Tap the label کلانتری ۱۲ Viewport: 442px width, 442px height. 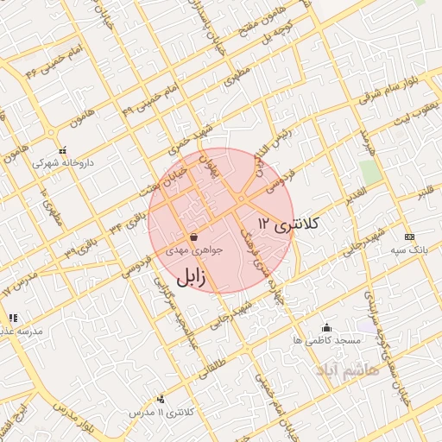coord(287,224)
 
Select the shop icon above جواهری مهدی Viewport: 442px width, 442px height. coord(194,236)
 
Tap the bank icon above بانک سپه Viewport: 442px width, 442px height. coord(408,237)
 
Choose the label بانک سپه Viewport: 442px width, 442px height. coord(408,249)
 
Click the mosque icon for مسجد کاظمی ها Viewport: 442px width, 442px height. coord(326,327)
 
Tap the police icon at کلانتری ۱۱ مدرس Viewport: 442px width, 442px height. coord(161,399)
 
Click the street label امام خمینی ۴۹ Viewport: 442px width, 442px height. coord(141,100)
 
